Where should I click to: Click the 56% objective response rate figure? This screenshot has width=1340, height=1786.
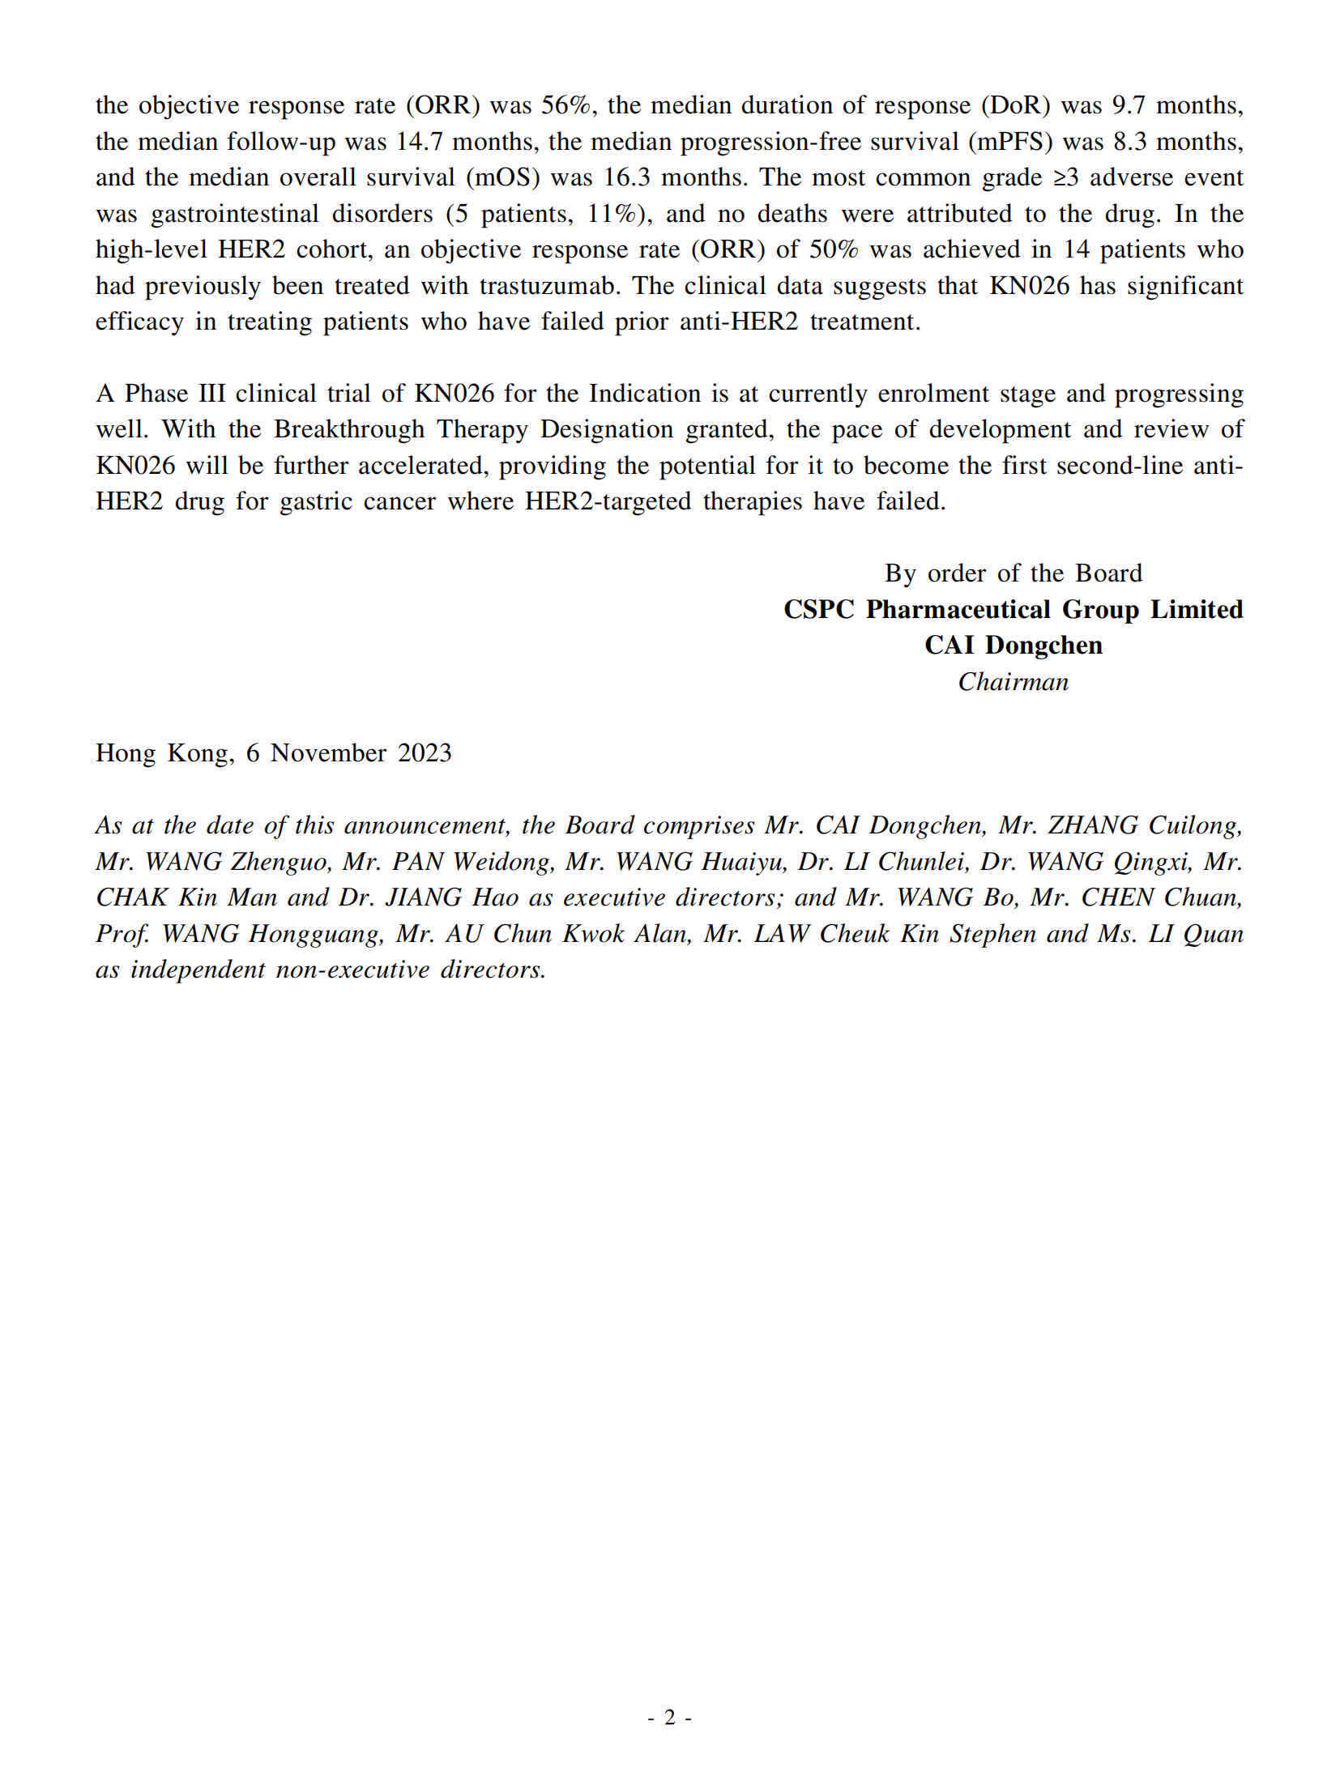pos(565,105)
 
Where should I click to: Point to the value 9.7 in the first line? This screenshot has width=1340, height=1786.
pos(1128,105)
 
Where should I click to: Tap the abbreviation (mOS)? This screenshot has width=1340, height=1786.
pos(502,177)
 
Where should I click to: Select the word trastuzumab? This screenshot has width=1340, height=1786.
pos(547,286)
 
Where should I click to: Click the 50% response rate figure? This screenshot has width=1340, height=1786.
pos(834,249)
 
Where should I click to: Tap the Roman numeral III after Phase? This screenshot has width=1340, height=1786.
pos(211,394)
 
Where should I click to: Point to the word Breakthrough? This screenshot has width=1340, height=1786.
pos(349,429)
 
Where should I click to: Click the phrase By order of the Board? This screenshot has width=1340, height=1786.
pos(1013,573)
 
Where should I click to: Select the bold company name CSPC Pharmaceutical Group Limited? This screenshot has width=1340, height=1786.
pos(1013,609)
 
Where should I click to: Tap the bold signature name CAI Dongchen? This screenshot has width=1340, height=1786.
pos(1013,646)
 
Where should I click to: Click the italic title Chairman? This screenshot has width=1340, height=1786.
pos(1013,682)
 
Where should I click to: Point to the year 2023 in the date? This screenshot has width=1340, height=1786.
pos(425,753)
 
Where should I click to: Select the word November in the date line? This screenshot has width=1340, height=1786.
pos(328,753)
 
